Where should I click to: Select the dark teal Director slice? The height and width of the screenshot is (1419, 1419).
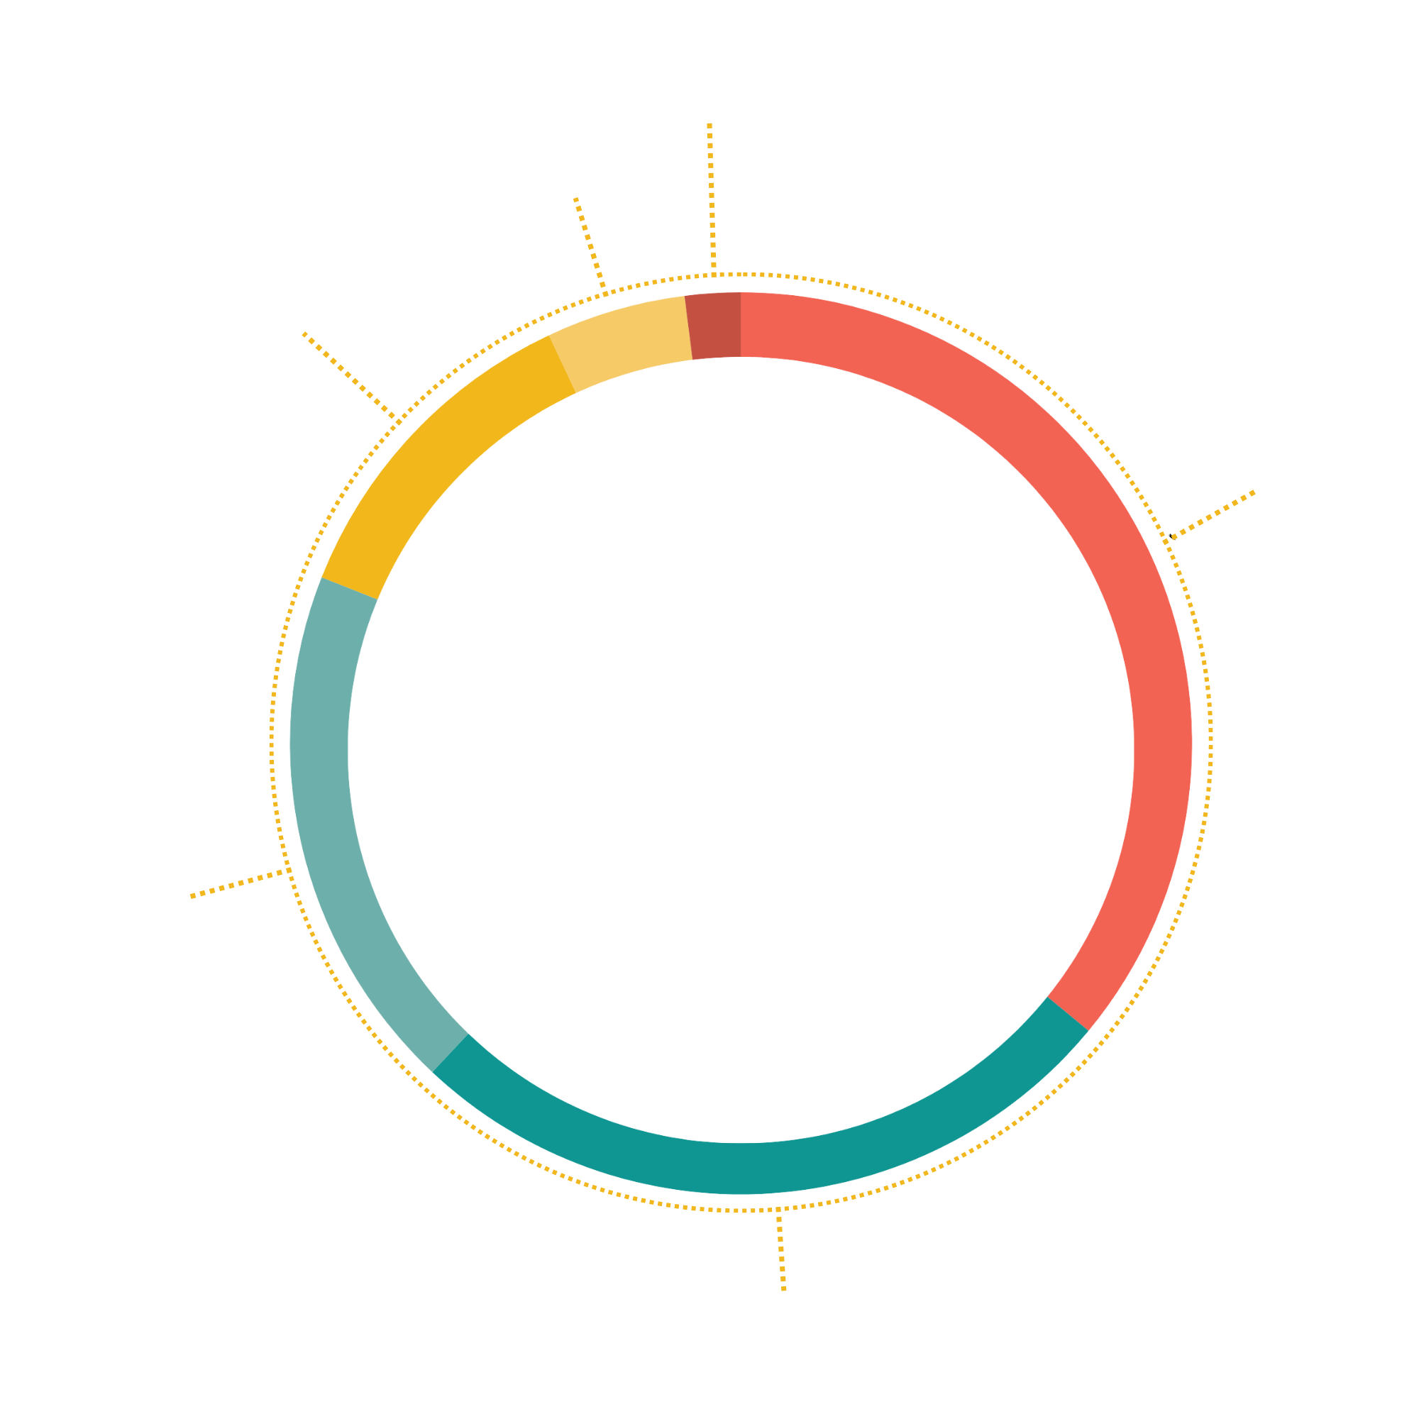[756, 1167]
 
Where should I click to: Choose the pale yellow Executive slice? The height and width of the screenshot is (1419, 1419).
[624, 338]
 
